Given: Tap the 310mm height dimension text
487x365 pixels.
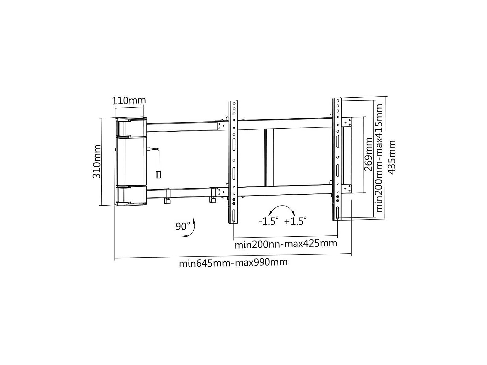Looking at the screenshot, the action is (97, 161).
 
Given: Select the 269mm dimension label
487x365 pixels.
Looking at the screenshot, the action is (369, 154).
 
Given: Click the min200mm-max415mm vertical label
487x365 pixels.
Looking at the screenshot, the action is (379, 158).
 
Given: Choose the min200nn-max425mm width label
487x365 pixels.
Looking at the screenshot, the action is (286, 244).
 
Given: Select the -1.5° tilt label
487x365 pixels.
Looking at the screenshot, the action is (268, 221).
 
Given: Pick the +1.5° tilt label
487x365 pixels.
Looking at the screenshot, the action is (295, 221).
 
